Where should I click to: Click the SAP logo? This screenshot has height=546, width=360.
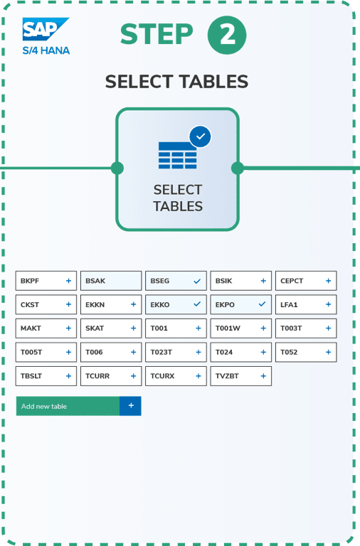[x=46, y=29]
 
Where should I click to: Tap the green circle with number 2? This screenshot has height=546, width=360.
[x=227, y=35]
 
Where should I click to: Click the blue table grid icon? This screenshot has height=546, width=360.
[x=177, y=155]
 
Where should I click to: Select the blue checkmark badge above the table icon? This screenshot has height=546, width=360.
[x=200, y=136]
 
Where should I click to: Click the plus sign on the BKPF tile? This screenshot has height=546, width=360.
[x=68, y=281]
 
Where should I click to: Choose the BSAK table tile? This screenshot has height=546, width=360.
[x=111, y=281]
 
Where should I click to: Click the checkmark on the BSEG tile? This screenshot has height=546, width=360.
[x=197, y=281]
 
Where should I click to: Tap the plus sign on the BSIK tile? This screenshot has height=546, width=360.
[x=263, y=281]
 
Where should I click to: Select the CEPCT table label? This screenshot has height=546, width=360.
[x=292, y=281]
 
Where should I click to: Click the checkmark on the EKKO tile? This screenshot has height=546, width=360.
[x=197, y=304]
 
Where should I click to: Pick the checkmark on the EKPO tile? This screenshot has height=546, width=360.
[x=262, y=304]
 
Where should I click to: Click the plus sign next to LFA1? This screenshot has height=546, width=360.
[x=328, y=304]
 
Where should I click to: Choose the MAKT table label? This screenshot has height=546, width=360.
[x=31, y=328]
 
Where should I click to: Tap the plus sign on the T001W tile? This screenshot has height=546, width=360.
[x=263, y=328]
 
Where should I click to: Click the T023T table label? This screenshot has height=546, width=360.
[x=161, y=352]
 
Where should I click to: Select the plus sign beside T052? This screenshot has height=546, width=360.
[x=328, y=352]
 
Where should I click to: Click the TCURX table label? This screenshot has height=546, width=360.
[x=162, y=375]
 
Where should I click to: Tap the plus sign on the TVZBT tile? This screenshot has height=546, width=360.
[x=263, y=375]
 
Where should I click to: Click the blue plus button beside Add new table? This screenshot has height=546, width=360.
[x=131, y=406]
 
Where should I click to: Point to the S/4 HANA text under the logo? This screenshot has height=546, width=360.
[x=46, y=50]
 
